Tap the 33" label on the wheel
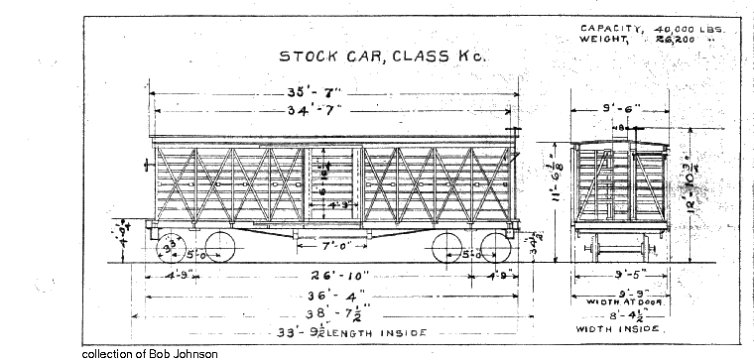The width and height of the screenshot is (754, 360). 172,245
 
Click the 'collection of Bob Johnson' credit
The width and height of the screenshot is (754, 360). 149,353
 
